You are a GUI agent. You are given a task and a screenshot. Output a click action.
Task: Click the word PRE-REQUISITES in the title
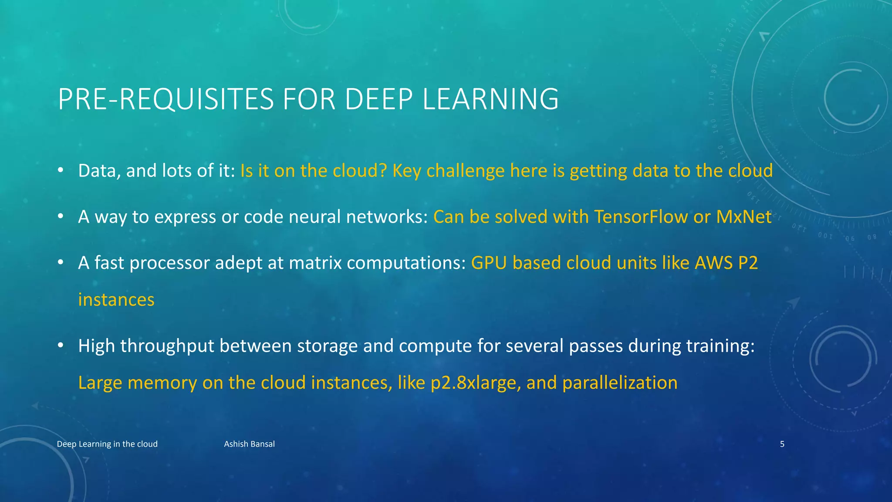166,99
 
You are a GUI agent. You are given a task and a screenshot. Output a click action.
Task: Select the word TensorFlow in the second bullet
641,217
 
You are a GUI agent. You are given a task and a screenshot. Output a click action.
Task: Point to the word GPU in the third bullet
489,263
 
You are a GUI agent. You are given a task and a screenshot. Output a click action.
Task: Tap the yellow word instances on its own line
116,300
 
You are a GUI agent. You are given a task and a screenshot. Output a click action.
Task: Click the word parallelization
620,383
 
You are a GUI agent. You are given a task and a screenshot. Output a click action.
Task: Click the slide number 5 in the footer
782,444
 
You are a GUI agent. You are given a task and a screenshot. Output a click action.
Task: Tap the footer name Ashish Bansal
249,444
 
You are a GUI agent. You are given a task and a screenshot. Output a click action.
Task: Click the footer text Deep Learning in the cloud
107,444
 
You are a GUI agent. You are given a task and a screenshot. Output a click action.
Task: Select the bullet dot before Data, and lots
61,170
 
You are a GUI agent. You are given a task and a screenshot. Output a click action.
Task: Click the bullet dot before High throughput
61,346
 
